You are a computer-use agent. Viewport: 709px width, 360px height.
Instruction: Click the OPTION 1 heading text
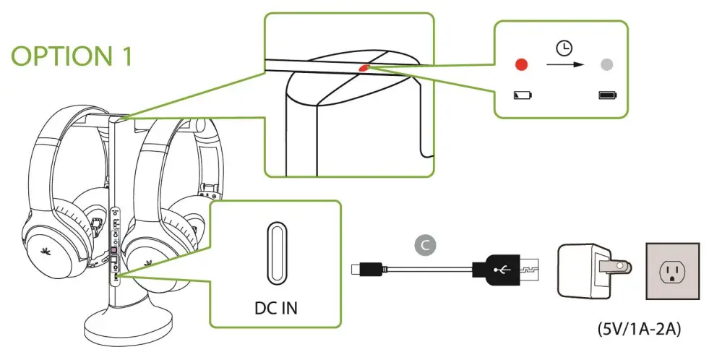click(72, 56)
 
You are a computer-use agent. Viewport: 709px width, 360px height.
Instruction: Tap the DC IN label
click(275, 308)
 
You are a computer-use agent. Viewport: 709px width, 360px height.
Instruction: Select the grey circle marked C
click(426, 245)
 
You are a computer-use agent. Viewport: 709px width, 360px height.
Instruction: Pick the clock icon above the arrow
click(563, 48)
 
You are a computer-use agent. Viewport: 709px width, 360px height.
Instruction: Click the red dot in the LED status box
click(521, 65)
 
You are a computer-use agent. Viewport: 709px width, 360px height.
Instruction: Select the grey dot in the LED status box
click(607, 65)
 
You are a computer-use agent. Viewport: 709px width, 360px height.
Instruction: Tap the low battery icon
click(521, 95)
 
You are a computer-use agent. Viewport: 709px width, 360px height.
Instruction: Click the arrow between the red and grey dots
click(563, 65)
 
